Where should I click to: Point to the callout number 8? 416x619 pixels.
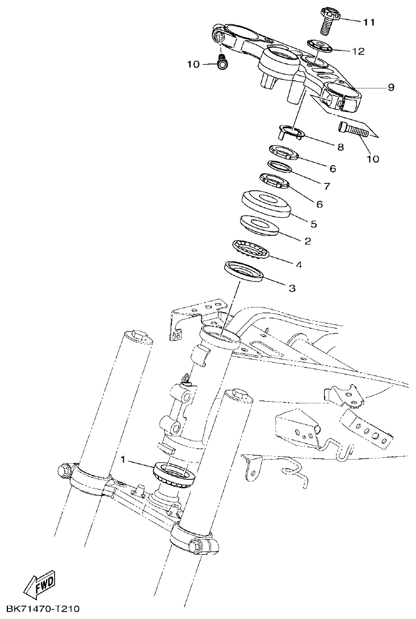tap(341, 147)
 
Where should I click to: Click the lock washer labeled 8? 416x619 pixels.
tap(291, 133)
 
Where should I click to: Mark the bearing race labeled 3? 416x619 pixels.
tap(244, 271)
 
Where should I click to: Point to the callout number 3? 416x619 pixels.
tap(292, 288)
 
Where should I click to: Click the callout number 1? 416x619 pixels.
tap(124, 457)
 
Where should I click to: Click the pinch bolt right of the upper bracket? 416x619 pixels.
tap(354, 130)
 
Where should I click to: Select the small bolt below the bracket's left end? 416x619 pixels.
tap(222, 64)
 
